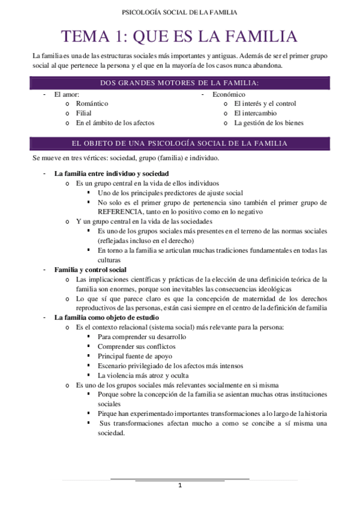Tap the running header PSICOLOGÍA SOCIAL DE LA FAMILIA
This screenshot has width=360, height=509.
click(179, 12)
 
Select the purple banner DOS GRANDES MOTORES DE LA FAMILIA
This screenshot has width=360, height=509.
click(180, 83)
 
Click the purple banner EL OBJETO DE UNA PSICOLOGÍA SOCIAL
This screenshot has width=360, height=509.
click(180, 143)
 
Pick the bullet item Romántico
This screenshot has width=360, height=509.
click(92, 104)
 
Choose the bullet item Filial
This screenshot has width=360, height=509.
click(83, 113)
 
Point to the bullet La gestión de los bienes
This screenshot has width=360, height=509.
click(269, 123)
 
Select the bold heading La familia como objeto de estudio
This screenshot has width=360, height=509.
click(107, 318)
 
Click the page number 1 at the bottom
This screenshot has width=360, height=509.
click(180, 486)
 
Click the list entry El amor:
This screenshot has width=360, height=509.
click(67, 94)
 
